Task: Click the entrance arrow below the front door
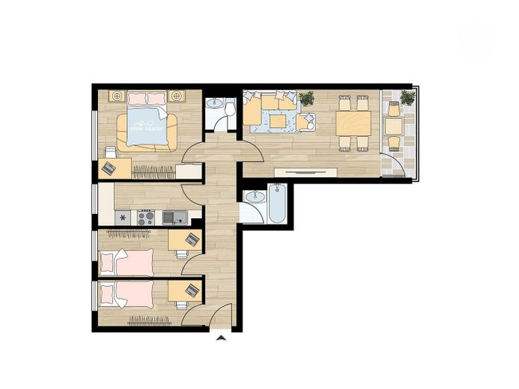click(x=221, y=338)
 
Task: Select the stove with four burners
click(x=145, y=218)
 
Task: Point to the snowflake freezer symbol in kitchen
click(x=123, y=218)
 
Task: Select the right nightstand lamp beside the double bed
click(x=177, y=96)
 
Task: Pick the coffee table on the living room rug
click(x=279, y=120)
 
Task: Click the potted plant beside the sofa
click(x=306, y=98)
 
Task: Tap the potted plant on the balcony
click(x=407, y=98)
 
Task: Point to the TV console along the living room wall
click(x=303, y=171)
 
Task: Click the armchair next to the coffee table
click(x=305, y=122)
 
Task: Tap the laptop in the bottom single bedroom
click(x=192, y=290)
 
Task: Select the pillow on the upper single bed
click(x=109, y=260)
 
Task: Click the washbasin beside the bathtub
click(x=255, y=198)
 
